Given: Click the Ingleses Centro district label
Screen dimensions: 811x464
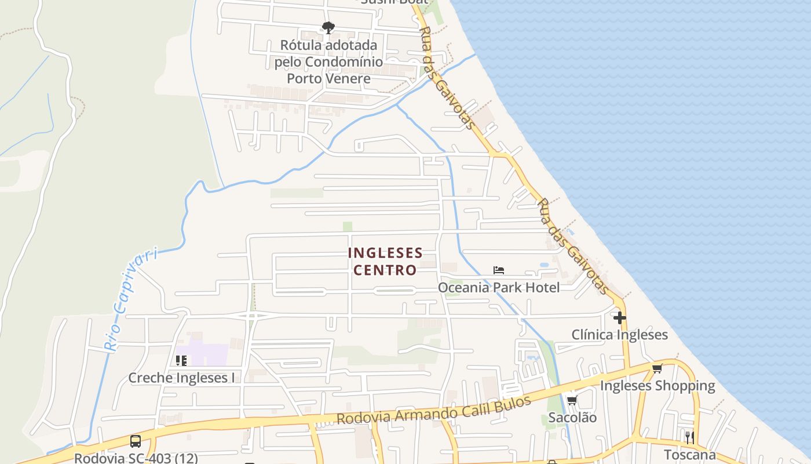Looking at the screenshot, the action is [385, 262].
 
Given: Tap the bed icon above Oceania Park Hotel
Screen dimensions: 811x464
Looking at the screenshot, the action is [499, 270].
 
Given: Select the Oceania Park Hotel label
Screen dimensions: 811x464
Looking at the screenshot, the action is [499, 287].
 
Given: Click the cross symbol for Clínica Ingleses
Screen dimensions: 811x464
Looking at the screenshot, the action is [620, 318].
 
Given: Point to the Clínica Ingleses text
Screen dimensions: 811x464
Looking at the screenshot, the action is [619, 335].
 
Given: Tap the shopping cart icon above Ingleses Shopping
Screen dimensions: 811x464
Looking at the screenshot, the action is [657, 369].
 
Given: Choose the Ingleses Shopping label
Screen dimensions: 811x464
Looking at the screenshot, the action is [657, 386].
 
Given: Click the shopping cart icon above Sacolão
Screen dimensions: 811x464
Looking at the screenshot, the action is [572, 400].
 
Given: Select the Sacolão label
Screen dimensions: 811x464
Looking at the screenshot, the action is [572, 417].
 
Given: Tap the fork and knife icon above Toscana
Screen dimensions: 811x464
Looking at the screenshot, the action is [689, 437].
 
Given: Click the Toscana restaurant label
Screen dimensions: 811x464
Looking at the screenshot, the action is [689, 454].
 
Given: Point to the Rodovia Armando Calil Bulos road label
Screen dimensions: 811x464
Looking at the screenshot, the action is [434, 410].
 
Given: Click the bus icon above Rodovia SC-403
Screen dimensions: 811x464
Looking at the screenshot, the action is [136, 441].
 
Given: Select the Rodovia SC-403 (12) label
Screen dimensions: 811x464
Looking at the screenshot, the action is [136, 458].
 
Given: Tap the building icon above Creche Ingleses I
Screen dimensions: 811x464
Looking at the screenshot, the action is [181, 361].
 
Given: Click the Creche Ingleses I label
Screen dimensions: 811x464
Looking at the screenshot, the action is [181, 378].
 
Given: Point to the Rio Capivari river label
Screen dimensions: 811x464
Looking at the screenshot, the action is [131, 300].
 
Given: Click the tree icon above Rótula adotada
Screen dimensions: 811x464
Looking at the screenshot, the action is [328, 28].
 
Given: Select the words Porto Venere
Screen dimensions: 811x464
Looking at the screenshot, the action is [328, 78].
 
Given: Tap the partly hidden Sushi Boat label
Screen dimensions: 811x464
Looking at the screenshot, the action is [394, 2].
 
